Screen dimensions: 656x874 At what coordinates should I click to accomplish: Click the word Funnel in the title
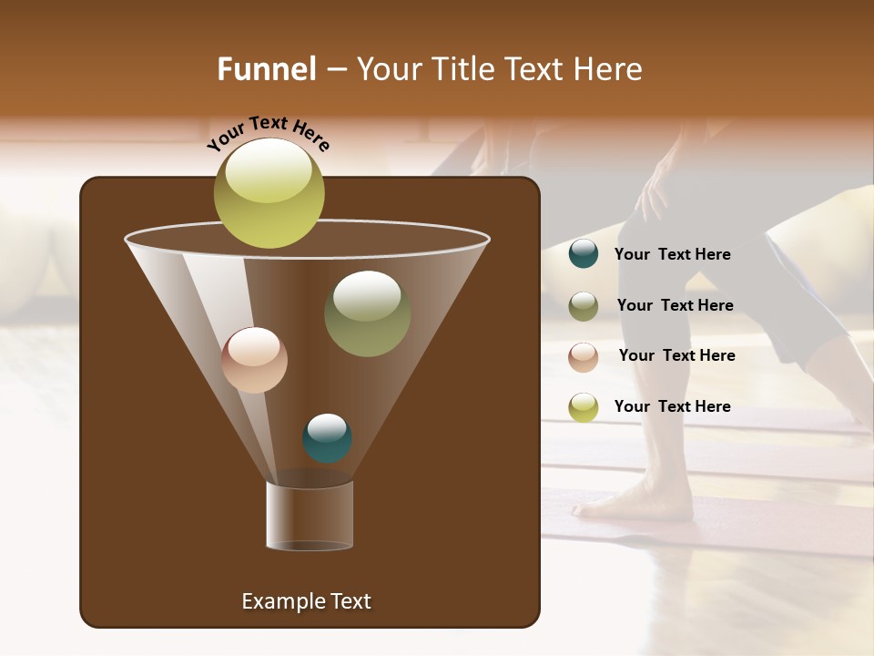(267, 69)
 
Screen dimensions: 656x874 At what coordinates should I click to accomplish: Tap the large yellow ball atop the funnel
(269, 193)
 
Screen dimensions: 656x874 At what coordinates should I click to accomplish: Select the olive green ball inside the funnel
(367, 313)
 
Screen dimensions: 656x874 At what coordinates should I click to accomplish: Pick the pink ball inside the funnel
(255, 360)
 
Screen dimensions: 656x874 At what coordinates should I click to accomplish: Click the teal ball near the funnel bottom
(327, 438)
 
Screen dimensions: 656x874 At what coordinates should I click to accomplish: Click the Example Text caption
(306, 601)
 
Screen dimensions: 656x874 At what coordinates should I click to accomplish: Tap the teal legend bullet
(584, 254)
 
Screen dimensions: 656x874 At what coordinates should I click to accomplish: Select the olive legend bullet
(584, 306)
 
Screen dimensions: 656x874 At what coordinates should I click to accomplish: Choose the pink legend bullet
(584, 356)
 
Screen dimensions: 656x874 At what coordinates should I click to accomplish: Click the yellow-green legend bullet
(584, 407)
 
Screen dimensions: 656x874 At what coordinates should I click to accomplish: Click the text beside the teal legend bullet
(672, 254)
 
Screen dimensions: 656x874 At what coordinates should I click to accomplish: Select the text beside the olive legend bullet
(675, 305)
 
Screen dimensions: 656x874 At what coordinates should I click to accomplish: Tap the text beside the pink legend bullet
(676, 355)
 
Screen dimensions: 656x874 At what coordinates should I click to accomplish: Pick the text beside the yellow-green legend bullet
(672, 406)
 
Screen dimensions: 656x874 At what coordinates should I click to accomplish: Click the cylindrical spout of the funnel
(310, 516)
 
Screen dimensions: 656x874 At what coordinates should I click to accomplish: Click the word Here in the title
(610, 69)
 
